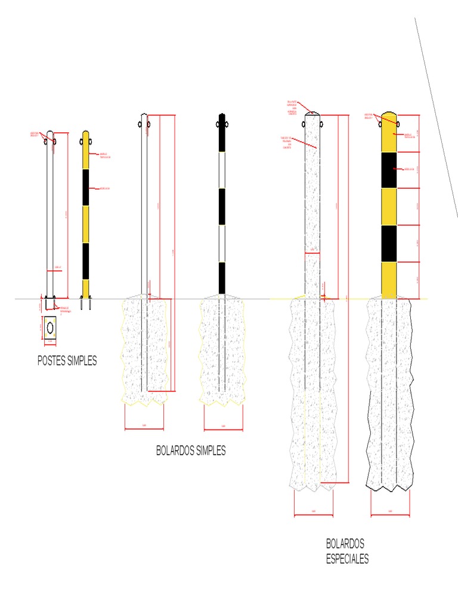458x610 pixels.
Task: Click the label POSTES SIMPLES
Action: tap(67, 360)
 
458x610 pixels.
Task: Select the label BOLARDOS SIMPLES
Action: tap(191, 451)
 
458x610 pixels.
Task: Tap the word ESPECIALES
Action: tap(347, 559)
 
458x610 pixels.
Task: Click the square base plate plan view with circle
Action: tap(50, 328)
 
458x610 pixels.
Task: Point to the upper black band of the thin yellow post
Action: tap(85, 187)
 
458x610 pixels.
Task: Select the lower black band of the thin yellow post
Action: tap(85, 261)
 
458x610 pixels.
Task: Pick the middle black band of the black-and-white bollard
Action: tap(222, 207)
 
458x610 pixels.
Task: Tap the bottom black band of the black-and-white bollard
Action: tap(222, 277)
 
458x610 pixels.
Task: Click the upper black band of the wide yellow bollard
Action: tap(389, 170)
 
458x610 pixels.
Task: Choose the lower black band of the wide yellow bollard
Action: tap(389, 243)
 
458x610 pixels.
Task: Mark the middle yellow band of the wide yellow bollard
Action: tap(389, 207)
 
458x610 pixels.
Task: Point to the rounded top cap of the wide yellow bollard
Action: tap(389, 116)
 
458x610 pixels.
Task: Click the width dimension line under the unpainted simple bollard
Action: tap(144, 429)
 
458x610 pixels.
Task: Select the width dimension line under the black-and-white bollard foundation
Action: tap(223, 429)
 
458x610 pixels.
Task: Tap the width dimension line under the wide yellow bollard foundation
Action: tap(390, 514)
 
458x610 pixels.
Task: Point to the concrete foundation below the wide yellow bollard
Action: tap(390, 393)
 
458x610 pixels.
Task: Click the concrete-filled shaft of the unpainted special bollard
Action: tap(312, 197)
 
